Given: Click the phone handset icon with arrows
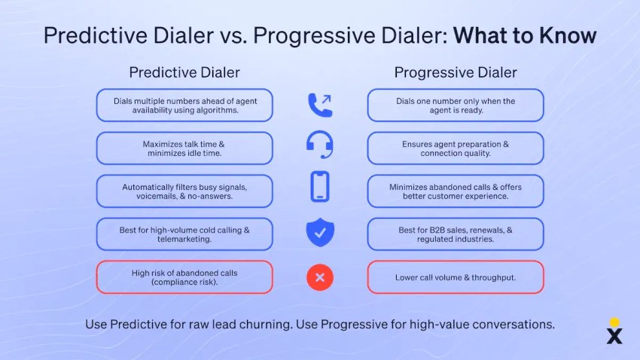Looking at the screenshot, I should [x=320, y=105].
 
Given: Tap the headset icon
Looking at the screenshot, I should [x=320, y=146].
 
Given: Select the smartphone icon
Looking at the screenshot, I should [x=320, y=187].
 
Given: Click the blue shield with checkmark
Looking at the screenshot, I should [x=320, y=233].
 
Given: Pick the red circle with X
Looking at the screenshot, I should [x=320, y=277].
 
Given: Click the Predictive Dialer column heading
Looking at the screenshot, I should [x=184, y=72].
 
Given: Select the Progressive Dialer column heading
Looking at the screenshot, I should [x=456, y=72].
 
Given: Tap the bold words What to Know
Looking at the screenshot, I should [x=525, y=35].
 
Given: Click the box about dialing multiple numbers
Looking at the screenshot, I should [x=184, y=105].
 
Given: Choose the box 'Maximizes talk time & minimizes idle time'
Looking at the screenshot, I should [x=184, y=148].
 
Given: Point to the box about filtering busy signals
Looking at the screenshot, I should [x=184, y=191].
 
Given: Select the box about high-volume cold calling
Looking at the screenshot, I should [x=184, y=234].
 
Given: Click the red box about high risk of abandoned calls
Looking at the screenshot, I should [x=184, y=277].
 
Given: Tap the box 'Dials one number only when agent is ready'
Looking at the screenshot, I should [x=456, y=105].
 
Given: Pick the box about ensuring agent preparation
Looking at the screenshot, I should [x=456, y=148].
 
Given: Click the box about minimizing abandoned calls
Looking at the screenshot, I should [x=456, y=191].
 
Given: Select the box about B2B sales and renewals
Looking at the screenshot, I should [x=456, y=234].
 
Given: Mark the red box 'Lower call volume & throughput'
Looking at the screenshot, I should [x=456, y=277].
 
